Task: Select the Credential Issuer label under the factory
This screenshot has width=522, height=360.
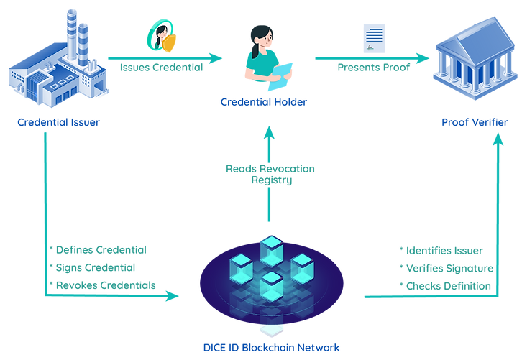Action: [x=58, y=121]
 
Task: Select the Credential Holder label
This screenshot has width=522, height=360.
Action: [x=264, y=102]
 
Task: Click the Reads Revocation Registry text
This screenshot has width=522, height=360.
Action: [x=270, y=175]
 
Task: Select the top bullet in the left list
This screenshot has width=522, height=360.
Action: [x=101, y=250]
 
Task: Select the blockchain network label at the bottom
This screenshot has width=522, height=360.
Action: [x=270, y=348]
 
